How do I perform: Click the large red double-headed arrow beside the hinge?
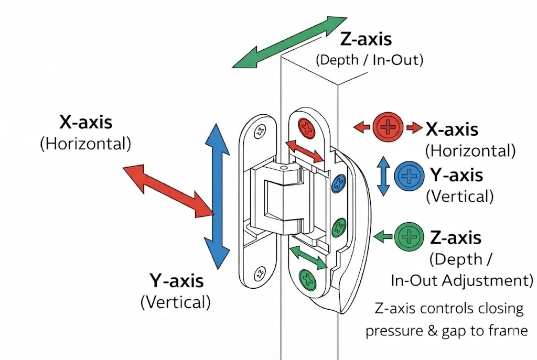click(x=168, y=189)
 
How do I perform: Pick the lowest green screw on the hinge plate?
click(x=307, y=278)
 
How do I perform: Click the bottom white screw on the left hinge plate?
click(x=259, y=273)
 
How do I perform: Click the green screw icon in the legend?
click(x=409, y=237)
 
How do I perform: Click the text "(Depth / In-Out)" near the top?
click(x=369, y=59)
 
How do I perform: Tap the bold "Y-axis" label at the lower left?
click(x=176, y=281)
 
